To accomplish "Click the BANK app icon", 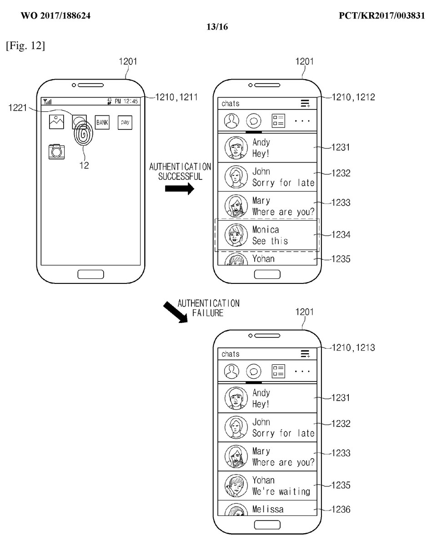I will [x=102, y=122].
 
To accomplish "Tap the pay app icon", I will [x=125, y=122].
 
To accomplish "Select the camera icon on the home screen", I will [x=57, y=151].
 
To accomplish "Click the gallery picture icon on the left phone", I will [x=57, y=122].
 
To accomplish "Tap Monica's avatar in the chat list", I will [x=236, y=235].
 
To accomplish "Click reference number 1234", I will [x=341, y=235].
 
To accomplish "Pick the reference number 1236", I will [x=341, y=510].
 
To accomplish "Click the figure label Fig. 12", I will [x=25, y=46].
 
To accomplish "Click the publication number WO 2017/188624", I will [x=55, y=16].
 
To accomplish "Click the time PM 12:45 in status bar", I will [x=126, y=101].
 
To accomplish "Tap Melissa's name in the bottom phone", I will [x=268, y=509].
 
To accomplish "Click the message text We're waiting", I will [x=281, y=491].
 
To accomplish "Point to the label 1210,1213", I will [x=354, y=348].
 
